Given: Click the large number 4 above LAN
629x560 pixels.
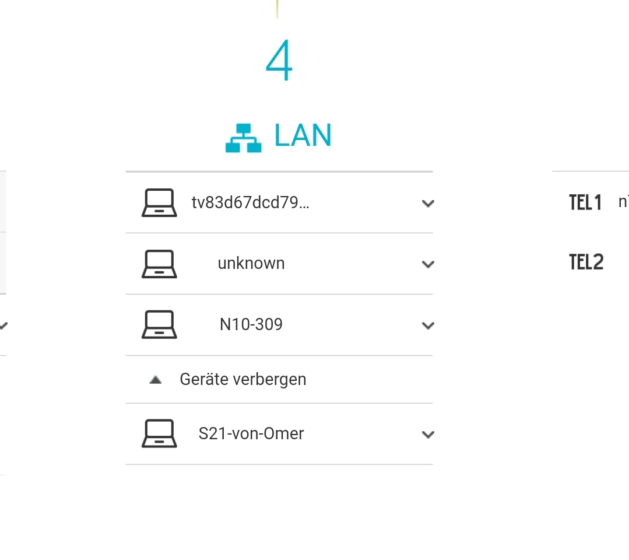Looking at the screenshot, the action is click(279, 62).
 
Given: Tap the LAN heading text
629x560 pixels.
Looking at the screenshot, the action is click(303, 135).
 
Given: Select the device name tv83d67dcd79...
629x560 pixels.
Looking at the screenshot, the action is click(250, 203).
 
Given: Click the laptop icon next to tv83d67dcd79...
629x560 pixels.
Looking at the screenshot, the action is click(159, 203).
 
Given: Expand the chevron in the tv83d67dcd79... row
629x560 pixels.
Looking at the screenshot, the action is click(428, 204).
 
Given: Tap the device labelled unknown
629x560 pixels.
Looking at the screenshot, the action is click(251, 263).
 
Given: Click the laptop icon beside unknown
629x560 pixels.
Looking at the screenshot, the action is click(159, 264).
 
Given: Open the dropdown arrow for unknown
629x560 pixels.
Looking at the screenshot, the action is click(428, 264).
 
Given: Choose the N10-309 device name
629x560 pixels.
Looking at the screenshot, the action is click(251, 324).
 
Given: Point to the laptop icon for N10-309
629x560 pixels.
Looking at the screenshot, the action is click(159, 325).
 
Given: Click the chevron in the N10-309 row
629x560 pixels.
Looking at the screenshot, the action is click(428, 325).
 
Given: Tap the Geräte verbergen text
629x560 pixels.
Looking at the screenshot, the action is click(243, 379).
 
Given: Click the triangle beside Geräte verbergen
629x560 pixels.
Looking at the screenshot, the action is click(155, 380).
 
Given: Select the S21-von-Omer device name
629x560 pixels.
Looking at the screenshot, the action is click(251, 434).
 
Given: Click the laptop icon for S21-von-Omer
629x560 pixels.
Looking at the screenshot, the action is click(159, 434).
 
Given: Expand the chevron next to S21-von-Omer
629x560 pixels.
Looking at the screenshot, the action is click(428, 435).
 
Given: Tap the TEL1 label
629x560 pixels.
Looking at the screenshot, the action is click(585, 203).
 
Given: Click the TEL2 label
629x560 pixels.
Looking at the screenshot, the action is click(586, 262).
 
